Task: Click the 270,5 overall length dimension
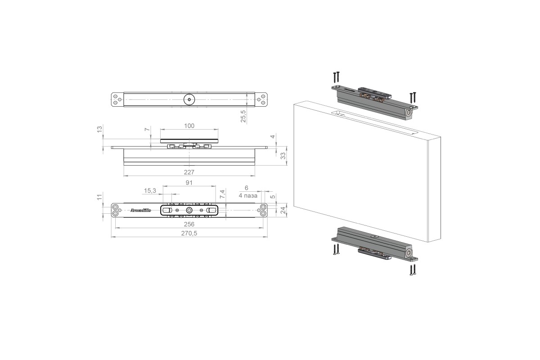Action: click(x=189, y=234)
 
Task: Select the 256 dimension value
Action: click(x=189, y=224)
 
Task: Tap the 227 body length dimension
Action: click(x=189, y=172)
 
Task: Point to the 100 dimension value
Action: click(x=189, y=126)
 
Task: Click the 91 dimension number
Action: click(x=189, y=183)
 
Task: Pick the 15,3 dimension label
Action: click(x=150, y=191)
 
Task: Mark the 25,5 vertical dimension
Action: click(x=243, y=116)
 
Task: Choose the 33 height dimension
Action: click(x=283, y=156)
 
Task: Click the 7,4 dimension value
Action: click(x=222, y=194)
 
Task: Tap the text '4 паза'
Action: click(x=248, y=196)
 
